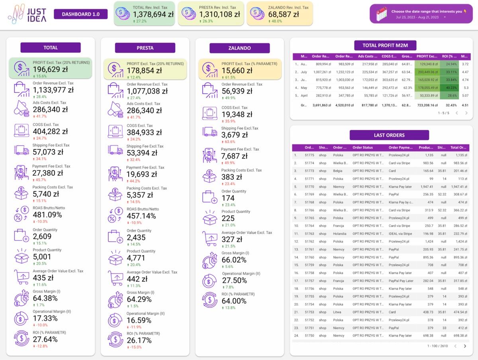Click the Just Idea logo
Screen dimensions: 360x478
point(27,14)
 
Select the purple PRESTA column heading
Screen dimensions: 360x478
point(145,48)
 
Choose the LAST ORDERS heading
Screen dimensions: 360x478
point(389,135)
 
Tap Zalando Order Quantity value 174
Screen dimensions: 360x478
point(228,198)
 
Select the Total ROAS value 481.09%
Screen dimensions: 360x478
point(47,215)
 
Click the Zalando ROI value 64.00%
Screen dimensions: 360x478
point(234,301)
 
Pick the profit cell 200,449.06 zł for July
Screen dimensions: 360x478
point(427,72)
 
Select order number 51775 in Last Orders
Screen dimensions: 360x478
point(310,155)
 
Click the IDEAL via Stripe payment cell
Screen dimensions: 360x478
point(400,234)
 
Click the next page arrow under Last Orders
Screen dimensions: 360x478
point(464,346)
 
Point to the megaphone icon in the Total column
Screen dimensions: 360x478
point(22,108)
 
